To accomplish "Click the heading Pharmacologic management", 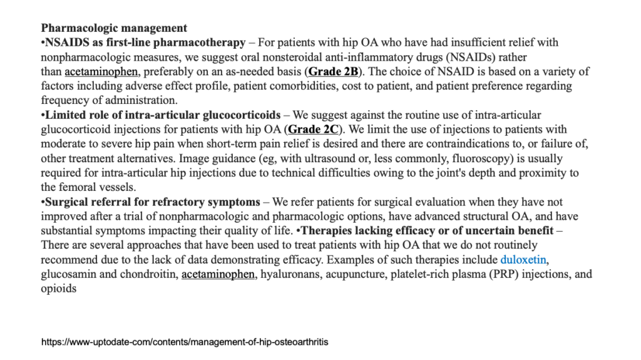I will click(x=113, y=28).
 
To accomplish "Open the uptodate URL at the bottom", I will click(x=185, y=342).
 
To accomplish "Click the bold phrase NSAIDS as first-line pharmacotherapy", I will click(x=145, y=43).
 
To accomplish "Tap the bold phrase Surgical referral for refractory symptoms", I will click(x=152, y=202).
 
